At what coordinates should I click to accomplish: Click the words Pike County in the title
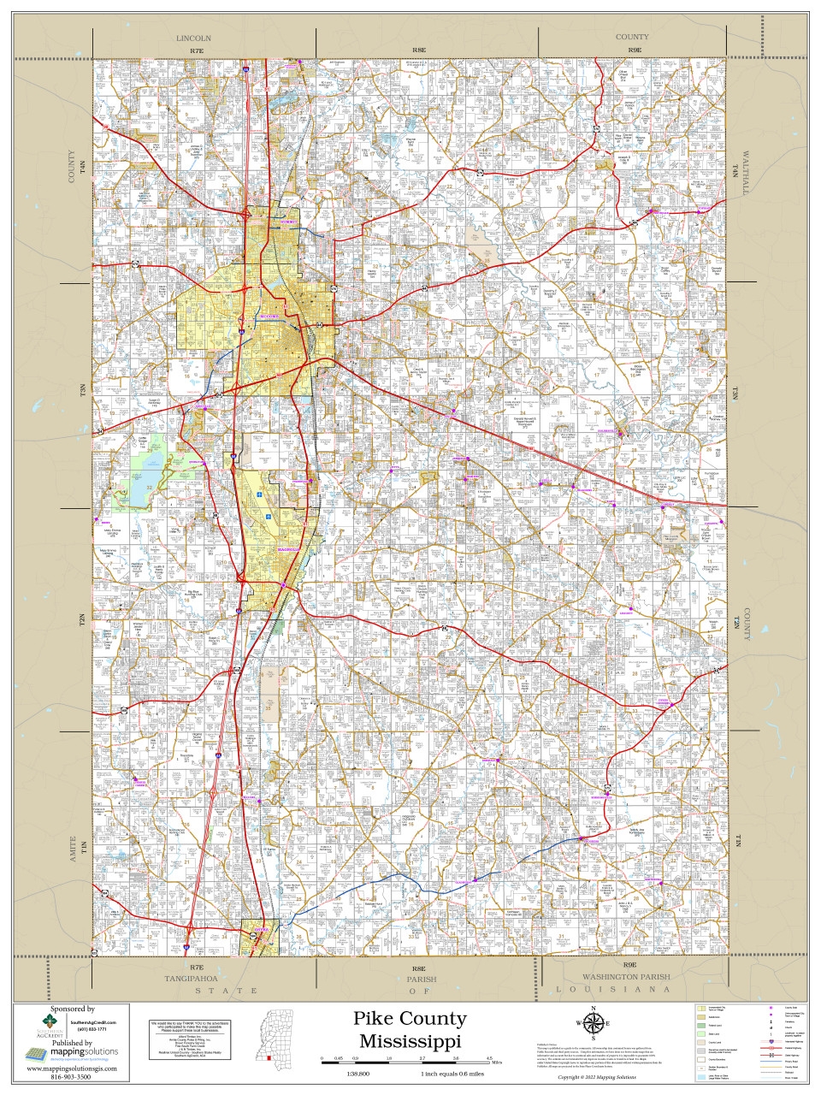[x=410, y=1019]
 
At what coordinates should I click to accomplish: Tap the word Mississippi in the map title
[x=410, y=1041]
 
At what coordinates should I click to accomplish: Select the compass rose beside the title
[x=592, y=1023]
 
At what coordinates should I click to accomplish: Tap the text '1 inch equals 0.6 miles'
[x=452, y=1074]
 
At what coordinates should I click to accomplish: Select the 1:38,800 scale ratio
[x=358, y=1074]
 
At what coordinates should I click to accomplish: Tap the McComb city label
[x=269, y=317]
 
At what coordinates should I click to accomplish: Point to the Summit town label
[x=291, y=222]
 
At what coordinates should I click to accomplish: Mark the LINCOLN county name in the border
[x=193, y=38]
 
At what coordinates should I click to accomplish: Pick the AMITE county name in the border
[x=73, y=849]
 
